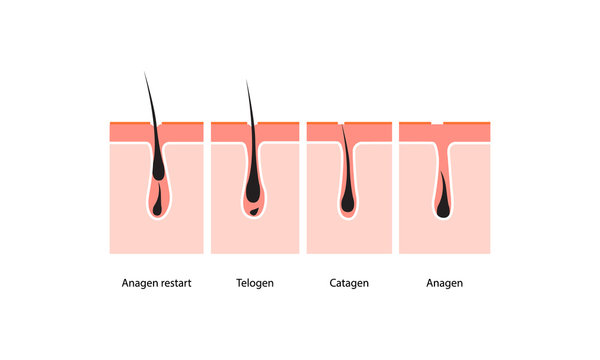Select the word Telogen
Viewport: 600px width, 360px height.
(254, 283)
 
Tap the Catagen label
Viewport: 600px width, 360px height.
(348, 283)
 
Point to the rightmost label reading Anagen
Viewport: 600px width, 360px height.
(443, 283)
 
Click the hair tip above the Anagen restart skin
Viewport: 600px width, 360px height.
(145, 75)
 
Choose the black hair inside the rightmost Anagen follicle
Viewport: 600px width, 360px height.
(442, 195)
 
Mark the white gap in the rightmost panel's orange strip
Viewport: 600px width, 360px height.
(437, 122)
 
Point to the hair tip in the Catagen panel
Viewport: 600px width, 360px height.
(340, 124)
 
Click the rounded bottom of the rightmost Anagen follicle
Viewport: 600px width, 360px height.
(442, 217)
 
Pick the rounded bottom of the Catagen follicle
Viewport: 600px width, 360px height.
(347, 216)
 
